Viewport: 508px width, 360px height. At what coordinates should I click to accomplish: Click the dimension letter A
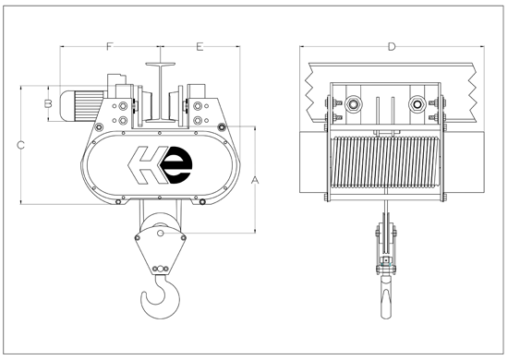[256, 180]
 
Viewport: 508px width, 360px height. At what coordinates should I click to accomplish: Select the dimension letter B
[47, 104]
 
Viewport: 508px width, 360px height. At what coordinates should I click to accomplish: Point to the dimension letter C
[21, 144]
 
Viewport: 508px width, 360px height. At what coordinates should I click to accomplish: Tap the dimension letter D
[392, 46]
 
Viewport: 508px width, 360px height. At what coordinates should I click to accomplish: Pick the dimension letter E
[200, 46]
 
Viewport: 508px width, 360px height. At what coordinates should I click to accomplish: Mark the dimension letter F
[109, 46]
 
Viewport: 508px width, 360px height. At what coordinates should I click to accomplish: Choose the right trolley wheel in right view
[417, 103]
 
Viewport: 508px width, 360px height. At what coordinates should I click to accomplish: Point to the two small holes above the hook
[163, 269]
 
